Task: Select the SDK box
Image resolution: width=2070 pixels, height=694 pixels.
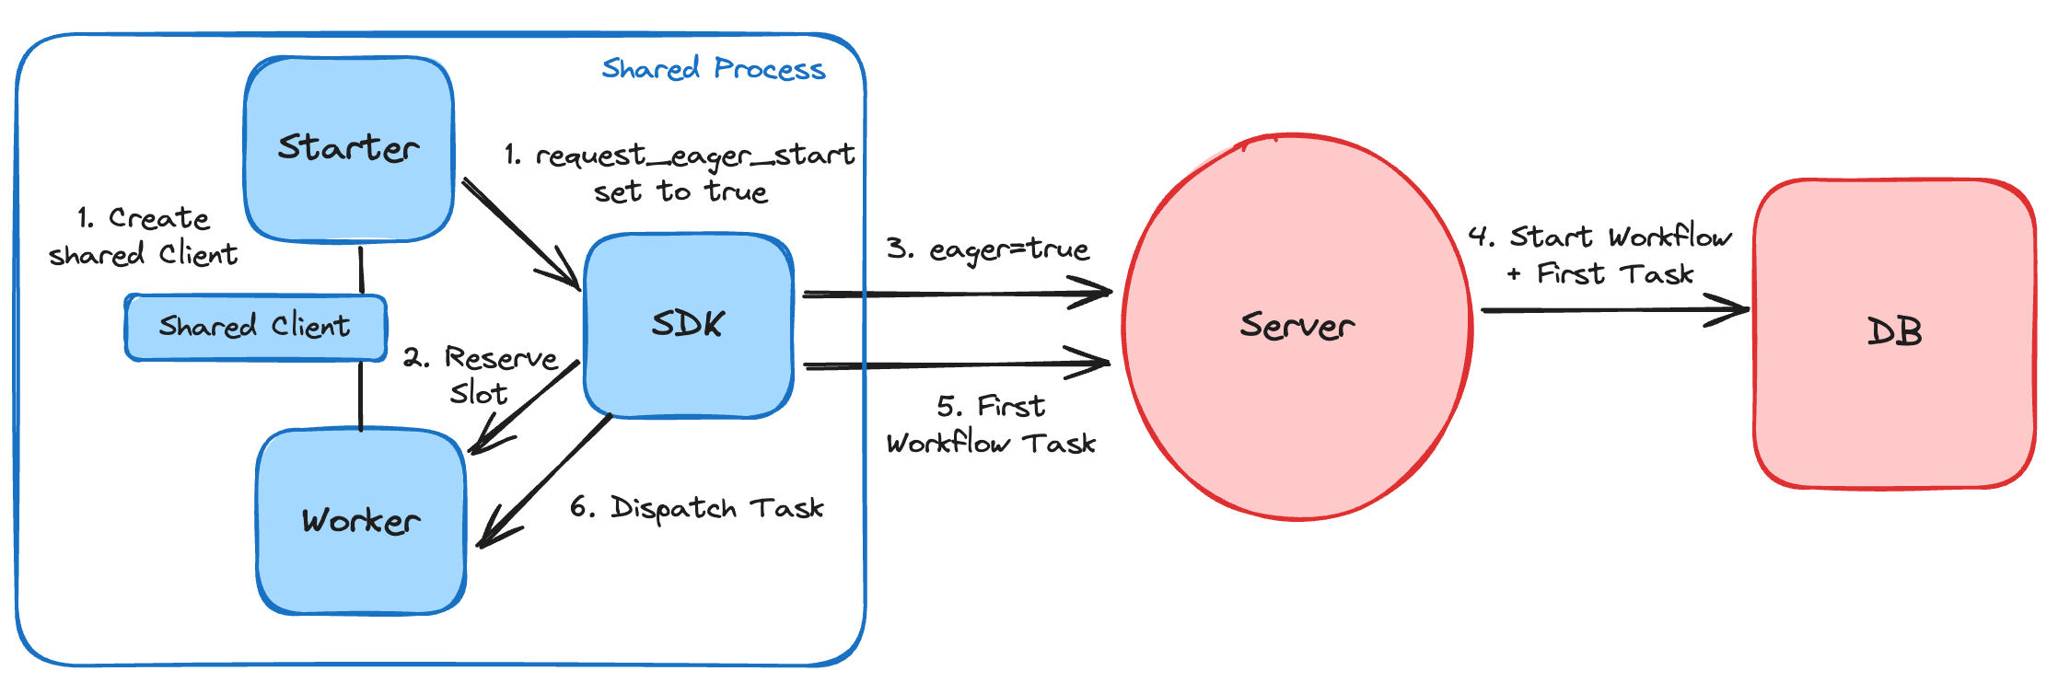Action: pos(689,324)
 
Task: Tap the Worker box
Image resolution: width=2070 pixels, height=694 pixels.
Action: pos(361,521)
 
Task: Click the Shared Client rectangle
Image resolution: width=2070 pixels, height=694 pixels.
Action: pos(255,327)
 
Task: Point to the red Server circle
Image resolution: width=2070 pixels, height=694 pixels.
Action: pos(1297,326)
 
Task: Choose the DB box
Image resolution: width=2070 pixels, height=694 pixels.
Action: pos(1893,331)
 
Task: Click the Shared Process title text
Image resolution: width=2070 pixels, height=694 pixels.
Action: pos(713,69)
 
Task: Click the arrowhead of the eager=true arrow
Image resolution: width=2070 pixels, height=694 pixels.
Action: pos(1100,294)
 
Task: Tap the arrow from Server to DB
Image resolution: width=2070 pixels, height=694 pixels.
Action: pos(1611,310)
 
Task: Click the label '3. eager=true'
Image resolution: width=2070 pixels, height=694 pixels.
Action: pos(987,249)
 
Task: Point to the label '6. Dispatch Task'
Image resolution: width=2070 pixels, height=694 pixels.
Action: pos(696,508)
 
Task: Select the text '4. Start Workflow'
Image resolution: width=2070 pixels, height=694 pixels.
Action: pos(1600,237)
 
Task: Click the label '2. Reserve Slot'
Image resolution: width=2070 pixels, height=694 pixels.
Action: pos(481,374)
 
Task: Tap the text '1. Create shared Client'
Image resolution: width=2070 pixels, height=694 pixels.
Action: pos(143,236)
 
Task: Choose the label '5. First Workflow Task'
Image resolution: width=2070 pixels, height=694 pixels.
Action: pos(991,425)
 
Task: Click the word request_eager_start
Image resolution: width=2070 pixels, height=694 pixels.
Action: pos(694,155)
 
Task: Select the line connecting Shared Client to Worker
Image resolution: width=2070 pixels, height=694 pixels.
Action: pos(360,396)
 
